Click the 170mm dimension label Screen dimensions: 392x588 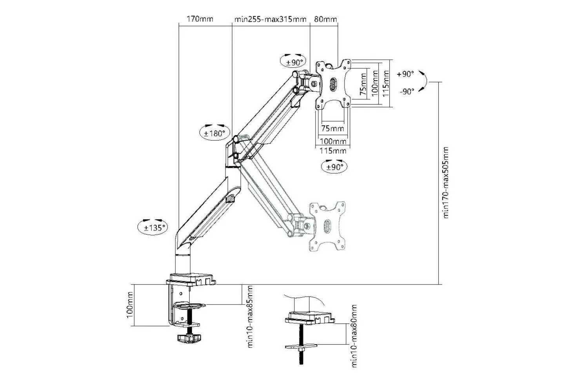pos(200,19)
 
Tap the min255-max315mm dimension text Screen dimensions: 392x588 pos(270,19)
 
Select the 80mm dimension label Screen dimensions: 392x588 pos(325,19)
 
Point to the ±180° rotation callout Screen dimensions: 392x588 pos(214,133)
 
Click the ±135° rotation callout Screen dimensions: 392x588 pos(152,227)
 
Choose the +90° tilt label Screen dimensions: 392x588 pos(405,74)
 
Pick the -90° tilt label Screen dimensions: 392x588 pos(407,92)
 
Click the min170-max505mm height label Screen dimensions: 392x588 pos(446,182)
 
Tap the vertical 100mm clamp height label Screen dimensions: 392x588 pos(131,305)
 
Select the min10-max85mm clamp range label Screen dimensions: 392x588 pos(250,316)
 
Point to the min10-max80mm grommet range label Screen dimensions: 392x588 pos(354,336)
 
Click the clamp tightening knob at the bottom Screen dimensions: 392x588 pos(188,338)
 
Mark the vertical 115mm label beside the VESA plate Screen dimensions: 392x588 pos(386,84)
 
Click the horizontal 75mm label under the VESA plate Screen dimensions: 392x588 pos(332,129)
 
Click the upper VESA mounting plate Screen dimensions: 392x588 pos(334,83)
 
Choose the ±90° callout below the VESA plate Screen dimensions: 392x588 pos(334,167)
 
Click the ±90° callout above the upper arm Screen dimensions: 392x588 pos(294,62)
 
